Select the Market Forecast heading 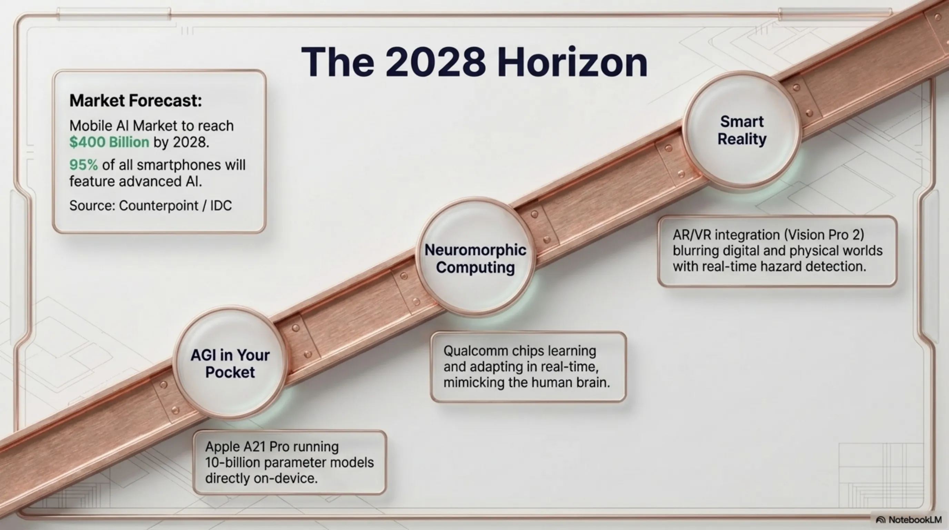[136, 101]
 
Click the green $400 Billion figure [109, 142]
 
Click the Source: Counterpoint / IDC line [150, 206]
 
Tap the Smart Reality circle [742, 130]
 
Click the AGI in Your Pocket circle [230, 363]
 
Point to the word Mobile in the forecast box [91, 126]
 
